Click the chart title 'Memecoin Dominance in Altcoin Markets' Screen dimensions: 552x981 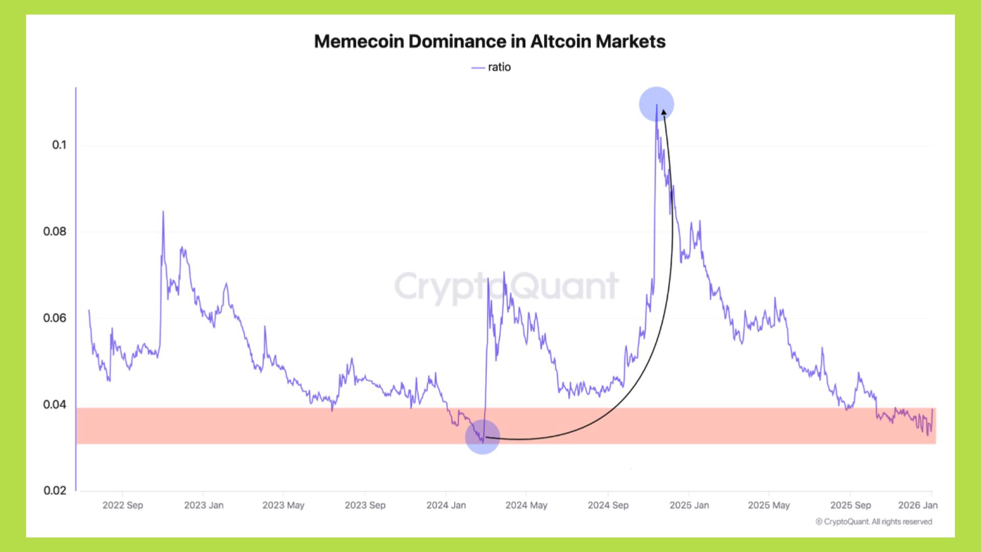tap(489, 41)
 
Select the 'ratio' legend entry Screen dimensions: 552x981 tap(492, 67)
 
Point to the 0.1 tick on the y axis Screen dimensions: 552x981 tap(59, 145)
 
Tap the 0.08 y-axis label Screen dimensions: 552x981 tap(55, 232)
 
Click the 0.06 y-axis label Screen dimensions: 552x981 tap(55, 318)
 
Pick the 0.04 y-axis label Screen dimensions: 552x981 tap(55, 405)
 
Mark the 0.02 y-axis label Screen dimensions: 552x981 tap(55, 491)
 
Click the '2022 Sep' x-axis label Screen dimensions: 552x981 tap(123, 505)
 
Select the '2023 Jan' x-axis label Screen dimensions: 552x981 tap(203, 505)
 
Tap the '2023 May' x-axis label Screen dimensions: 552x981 tap(283, 505)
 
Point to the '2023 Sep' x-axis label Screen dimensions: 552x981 tap(365, 505)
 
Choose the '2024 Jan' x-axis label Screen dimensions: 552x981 tap(446, 505)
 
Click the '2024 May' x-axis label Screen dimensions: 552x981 tap(526, 505)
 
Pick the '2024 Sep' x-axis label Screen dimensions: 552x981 tap(608, 505)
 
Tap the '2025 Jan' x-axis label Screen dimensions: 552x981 tap(689, 505)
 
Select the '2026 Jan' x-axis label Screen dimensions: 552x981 tap(918, 505)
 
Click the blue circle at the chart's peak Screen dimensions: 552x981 tap(657, 104)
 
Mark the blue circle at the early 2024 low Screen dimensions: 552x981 tap(482, 437)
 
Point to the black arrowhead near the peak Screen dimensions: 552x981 tap(663, 112)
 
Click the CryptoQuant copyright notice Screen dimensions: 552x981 tap(874, 522)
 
